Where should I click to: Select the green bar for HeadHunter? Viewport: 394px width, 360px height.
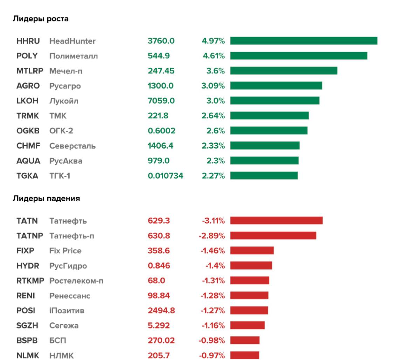pyautogui.click(x=304, y=41)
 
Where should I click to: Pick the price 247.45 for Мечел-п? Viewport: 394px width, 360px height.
pyautogui.click(x=161, y=71)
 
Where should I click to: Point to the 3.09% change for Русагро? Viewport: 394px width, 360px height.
pyautogui.click(x=213, y=86)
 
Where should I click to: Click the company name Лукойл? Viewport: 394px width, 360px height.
pyautogui.click(x=64, y=101)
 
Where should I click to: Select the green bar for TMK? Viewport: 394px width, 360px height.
pyautogui.click(x=269, y=116)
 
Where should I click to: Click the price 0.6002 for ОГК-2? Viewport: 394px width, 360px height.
pyautogui.click(x=161, y=131)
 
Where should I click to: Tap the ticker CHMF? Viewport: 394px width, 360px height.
pyautogui.click(x=27, y=146)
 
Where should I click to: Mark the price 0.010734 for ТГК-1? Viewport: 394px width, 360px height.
pyautogui.click(x=166, y=176)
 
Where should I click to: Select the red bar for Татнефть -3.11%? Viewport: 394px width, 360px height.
pyautogui.click(x=276, y=220)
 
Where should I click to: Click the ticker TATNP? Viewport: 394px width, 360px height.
pyautogui.click(x=29, y=236)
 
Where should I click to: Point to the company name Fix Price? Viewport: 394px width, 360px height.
pyautogui.click(x=65, y=251)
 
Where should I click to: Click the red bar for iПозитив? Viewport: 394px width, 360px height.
pyautogui.click(x=249, y=311)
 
